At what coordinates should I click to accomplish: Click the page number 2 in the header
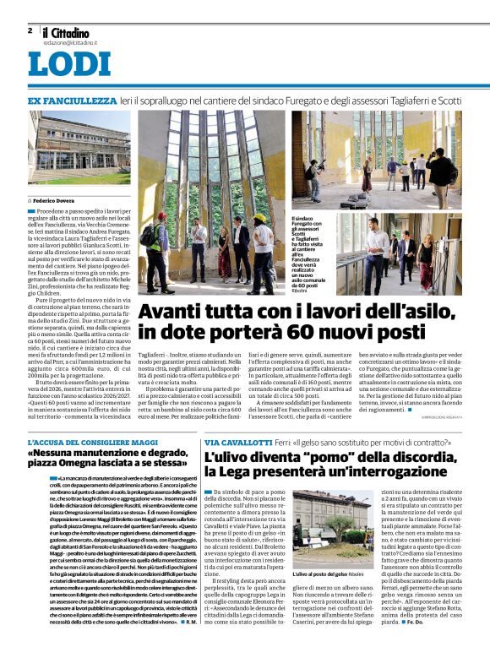coord(30,30)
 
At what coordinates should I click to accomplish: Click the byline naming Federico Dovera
coord(55,200)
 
